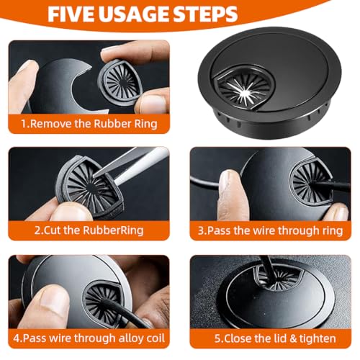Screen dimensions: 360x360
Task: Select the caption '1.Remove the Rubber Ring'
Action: click(x=89, y=124)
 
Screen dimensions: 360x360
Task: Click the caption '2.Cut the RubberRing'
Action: click(x=89, y=230)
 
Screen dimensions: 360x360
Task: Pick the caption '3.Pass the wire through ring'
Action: click(x=270, y=230)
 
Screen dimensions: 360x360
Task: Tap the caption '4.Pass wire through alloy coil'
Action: click(x=89, y=338)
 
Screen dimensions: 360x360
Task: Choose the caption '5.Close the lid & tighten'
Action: click(x=275, y=338)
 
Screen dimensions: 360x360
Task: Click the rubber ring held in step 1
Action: click(x=120, y=82)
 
